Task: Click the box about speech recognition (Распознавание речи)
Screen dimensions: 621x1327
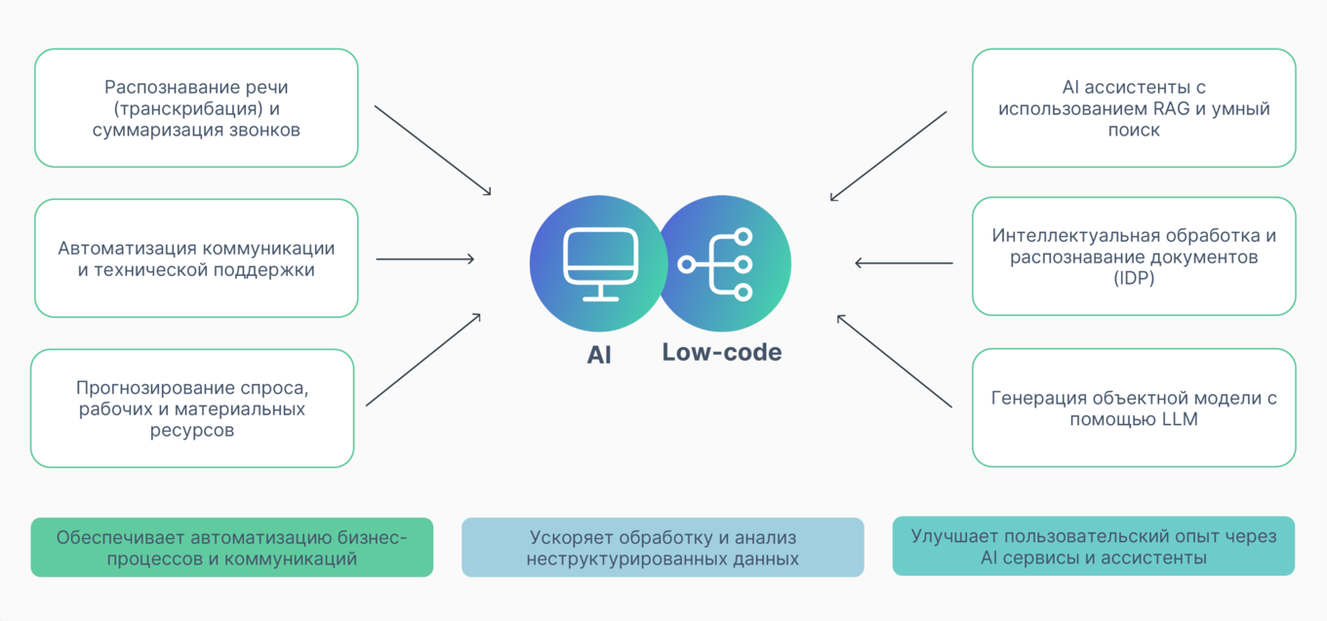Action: [196, 108]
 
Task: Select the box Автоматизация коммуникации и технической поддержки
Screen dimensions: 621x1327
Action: [196, 258]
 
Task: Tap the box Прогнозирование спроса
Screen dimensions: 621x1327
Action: [192, 408]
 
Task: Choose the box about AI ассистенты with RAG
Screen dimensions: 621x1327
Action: [1134, 108]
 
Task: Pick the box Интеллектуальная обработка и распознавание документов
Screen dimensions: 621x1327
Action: [1134, 256]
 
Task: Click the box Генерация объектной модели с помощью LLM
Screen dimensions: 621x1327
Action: [1134, 408]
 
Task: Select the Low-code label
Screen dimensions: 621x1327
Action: [721, 353]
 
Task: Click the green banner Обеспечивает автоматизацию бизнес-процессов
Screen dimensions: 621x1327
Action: [231, 548]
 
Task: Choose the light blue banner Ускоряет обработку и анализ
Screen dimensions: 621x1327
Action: [663, 548]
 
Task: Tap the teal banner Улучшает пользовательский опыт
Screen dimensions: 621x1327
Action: [1093, 547]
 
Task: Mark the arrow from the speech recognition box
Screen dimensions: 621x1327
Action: [433, 151]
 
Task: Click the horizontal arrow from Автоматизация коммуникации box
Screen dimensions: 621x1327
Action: [425, 259]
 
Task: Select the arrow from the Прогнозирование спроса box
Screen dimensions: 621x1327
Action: [423, 360]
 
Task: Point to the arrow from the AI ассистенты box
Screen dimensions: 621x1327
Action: [888, 156]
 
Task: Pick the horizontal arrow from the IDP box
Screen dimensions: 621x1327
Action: [904, 263]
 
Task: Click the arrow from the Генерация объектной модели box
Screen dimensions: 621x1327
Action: [894, 361]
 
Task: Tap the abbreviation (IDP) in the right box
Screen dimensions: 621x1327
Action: [1134, 280]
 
